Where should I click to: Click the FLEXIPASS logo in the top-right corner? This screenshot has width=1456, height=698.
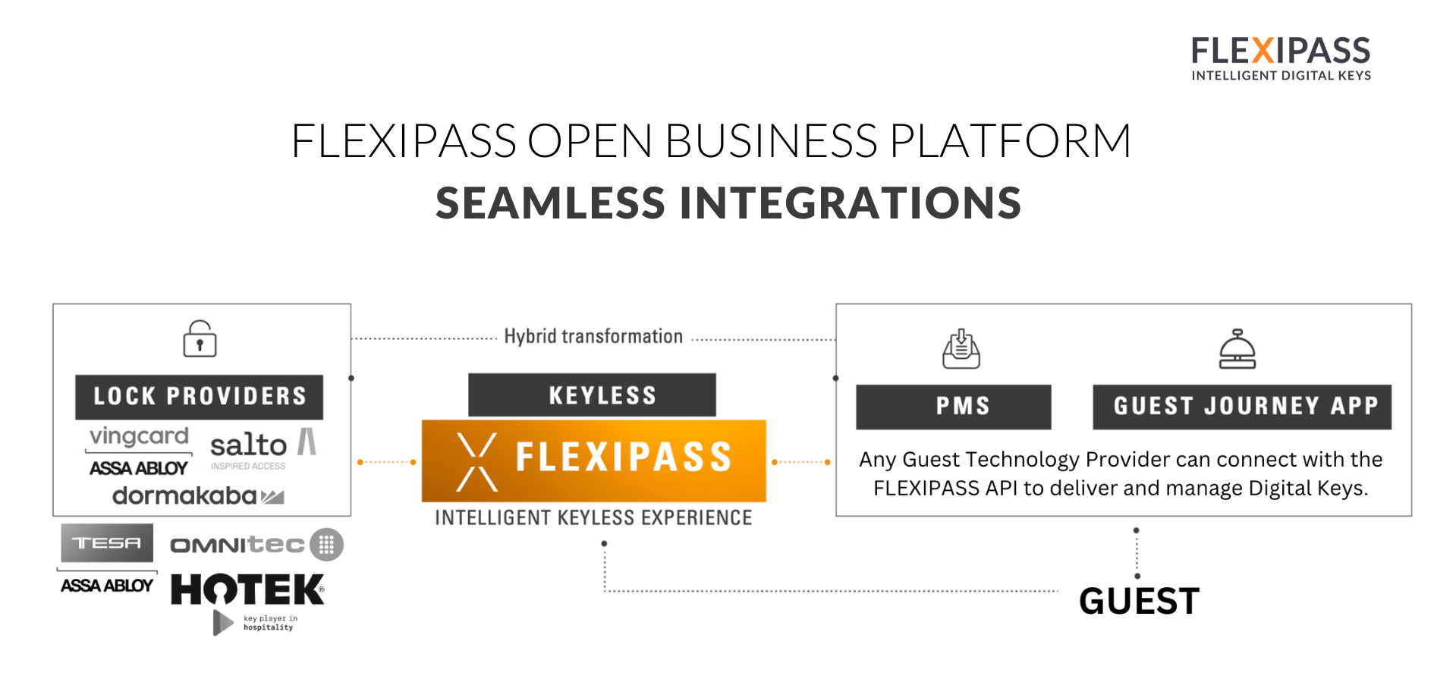[1281, 58]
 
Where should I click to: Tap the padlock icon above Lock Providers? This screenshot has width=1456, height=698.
[200, 339]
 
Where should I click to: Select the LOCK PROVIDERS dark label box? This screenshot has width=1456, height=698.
[199, 396]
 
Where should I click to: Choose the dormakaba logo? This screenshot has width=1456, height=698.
[198, 496]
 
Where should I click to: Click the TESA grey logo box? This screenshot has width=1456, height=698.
[107, 543]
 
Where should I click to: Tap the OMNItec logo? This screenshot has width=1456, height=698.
[256, 545]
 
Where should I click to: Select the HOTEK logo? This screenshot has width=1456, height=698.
[247, 590]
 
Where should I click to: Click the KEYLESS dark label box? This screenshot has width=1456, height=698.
[592, 395]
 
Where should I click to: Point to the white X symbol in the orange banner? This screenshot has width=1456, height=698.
[477, 461]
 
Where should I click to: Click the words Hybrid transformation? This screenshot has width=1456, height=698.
[593, 336]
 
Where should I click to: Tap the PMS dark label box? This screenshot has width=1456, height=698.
[954, 407]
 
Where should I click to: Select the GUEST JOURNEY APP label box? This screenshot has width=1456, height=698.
[1242, 407]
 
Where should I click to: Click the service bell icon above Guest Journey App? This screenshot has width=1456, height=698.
[1237, 349]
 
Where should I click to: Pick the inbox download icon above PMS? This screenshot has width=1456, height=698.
[961, 349]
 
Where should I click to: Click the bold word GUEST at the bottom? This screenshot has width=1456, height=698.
[1139, 601]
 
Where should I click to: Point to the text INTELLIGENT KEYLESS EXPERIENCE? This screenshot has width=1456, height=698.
[593, 518]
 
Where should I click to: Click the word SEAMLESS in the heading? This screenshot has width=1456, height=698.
[550, 203]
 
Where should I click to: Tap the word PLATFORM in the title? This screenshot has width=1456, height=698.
[1010, 141]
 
